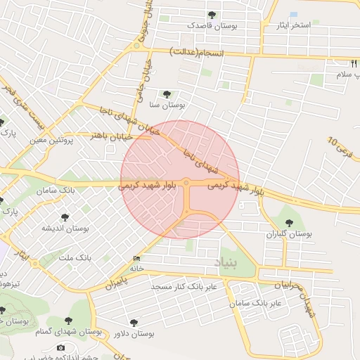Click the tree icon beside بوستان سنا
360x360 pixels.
click(x=166, y=94)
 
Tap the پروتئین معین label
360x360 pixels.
click(x=51, y=141)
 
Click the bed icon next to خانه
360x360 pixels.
click(x=136, y=258)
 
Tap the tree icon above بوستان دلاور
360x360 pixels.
click(x=134, y=322)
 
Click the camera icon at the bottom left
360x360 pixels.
click(x=60, y=347)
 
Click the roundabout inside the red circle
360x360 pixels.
click(x=186, y=184)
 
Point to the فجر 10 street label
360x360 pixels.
click(x=340, y=148)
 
